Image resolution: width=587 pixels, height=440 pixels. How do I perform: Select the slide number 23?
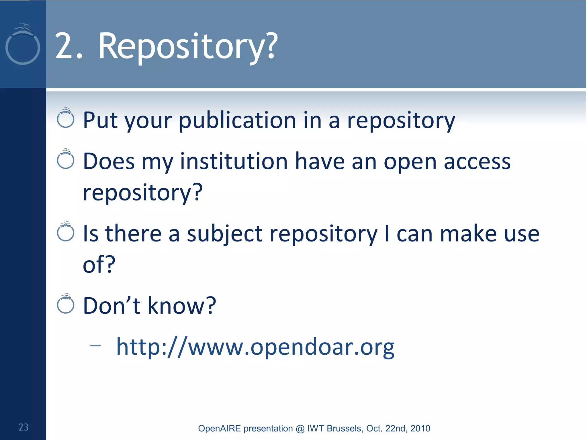24,427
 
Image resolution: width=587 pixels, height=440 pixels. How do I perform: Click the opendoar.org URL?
255,347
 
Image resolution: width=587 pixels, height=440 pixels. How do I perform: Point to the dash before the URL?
95,346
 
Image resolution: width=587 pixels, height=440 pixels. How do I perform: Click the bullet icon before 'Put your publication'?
66,118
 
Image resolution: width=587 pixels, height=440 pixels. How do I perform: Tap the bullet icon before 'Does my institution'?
66,159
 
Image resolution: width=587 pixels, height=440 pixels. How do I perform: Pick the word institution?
234,162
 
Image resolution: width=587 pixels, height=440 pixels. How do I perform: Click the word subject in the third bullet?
224,234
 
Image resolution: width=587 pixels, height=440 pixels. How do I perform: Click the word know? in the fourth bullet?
181,306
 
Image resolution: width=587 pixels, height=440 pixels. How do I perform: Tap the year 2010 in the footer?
420,429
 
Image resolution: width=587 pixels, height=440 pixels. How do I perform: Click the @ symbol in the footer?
300,429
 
